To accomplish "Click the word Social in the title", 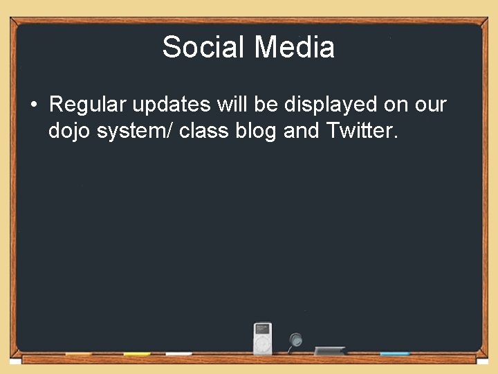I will click(x=204, y=48).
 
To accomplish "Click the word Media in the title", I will click(x=294, y=48).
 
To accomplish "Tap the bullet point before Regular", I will click(x=34, y=105).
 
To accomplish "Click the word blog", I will click(x=256, y=131).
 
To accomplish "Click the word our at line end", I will click(x=430, y=105).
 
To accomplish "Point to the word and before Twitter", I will click(x=301, y=131).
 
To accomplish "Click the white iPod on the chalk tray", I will click(x=263, y=339).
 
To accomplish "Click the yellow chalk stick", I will click(x=137, y=354).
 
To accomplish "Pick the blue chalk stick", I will click(x=394, y=354).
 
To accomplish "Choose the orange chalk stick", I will click(x=79, y=354).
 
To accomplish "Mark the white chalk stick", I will click(x=178, y=354).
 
